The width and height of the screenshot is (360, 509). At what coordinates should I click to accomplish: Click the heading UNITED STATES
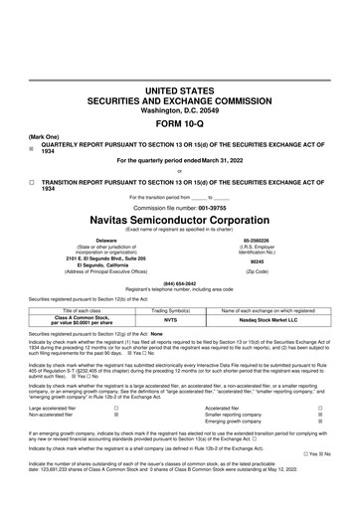coord(180,89)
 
